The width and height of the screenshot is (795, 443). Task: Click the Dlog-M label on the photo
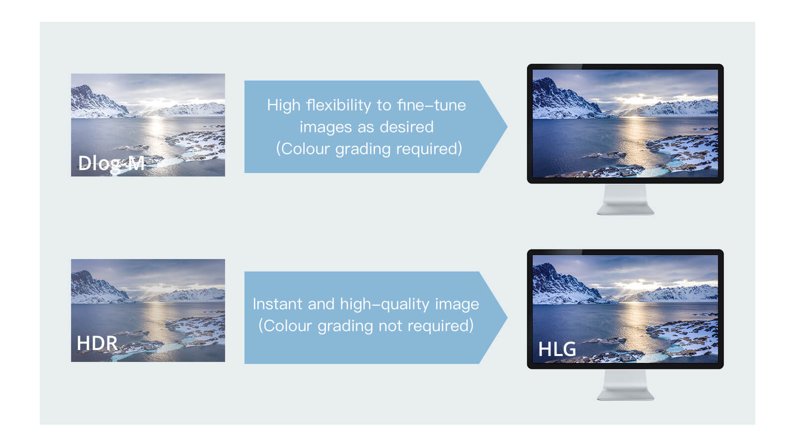111,163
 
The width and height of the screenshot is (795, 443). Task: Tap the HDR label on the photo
97,343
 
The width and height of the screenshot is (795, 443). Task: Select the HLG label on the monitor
557,349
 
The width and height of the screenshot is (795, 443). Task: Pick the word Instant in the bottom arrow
278,304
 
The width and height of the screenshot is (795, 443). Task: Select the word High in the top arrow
284,105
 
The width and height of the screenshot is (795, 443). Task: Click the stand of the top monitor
626,199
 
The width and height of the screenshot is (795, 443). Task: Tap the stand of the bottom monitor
626,385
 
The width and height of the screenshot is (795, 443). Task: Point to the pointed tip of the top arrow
507,126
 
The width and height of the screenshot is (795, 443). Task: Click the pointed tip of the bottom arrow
507,318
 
